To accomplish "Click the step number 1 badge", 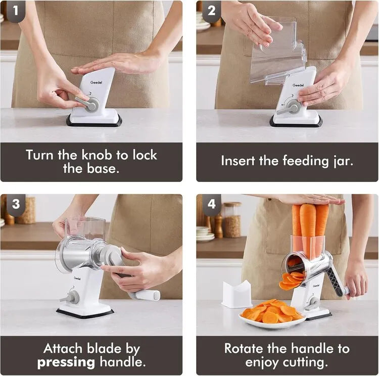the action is pyautogui.click(x=16, y=11).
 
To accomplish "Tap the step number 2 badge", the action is pyautogui.click(x=212, y=11).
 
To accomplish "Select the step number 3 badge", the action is pyautogui.click(x=16, y=204).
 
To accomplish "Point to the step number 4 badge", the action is pyautogui.click(x=212, y=204).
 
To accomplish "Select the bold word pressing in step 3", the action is pyautogui.click(x=66, y=363).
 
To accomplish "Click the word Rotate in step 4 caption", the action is pyautogui.click(x=244, y=349).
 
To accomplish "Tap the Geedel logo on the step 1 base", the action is pyautogui.click(x=96, y=82).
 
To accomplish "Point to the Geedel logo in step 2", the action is pyautogui.click(x=298, y=85).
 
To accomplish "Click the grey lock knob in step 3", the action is pyautogui.click(x=72, y=297).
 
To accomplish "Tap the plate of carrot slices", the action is pyautogui.click(x=272, y=314).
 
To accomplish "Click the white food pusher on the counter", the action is pyautogui.click(x=236, y=294).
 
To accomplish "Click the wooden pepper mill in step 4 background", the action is pyautogui.click(x=218, y=225).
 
